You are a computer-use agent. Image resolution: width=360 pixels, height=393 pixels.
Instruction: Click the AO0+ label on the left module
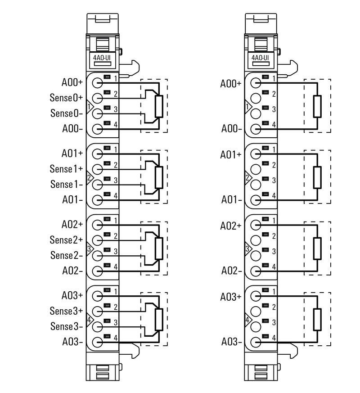coord(72,83)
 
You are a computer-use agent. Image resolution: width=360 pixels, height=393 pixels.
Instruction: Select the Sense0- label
coord(67,113)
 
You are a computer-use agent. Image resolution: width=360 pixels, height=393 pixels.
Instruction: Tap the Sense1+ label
coord(67,169)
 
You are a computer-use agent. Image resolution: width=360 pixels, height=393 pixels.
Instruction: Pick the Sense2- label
coord(67,255)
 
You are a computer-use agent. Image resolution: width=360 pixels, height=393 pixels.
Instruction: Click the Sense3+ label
coord(67,311)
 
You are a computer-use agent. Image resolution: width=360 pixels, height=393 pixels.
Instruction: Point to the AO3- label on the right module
coord(231,342)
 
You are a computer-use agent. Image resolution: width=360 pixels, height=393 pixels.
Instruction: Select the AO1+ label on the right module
coord(231,154)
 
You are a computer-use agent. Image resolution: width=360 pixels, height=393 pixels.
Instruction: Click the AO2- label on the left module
coord(72,271)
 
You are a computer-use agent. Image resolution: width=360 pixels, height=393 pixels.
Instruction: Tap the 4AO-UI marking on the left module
coord(102,58)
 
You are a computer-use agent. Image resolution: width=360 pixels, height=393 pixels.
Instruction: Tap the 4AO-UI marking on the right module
coord(260,58)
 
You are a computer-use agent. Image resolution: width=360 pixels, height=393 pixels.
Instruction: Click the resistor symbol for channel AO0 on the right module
coord(317,106)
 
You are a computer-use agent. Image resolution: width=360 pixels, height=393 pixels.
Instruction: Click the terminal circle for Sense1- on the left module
coord(98,185)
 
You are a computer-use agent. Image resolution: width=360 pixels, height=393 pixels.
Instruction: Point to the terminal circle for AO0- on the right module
coord(256,129)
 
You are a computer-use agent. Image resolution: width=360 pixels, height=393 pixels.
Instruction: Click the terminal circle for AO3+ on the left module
coord(98,296)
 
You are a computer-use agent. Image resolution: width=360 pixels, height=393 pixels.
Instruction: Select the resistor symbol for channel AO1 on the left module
coord(158,177)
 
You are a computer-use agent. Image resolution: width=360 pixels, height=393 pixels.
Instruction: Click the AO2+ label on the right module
coord(231,226)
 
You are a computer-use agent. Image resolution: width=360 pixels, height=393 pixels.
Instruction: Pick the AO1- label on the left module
coord(72,200)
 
